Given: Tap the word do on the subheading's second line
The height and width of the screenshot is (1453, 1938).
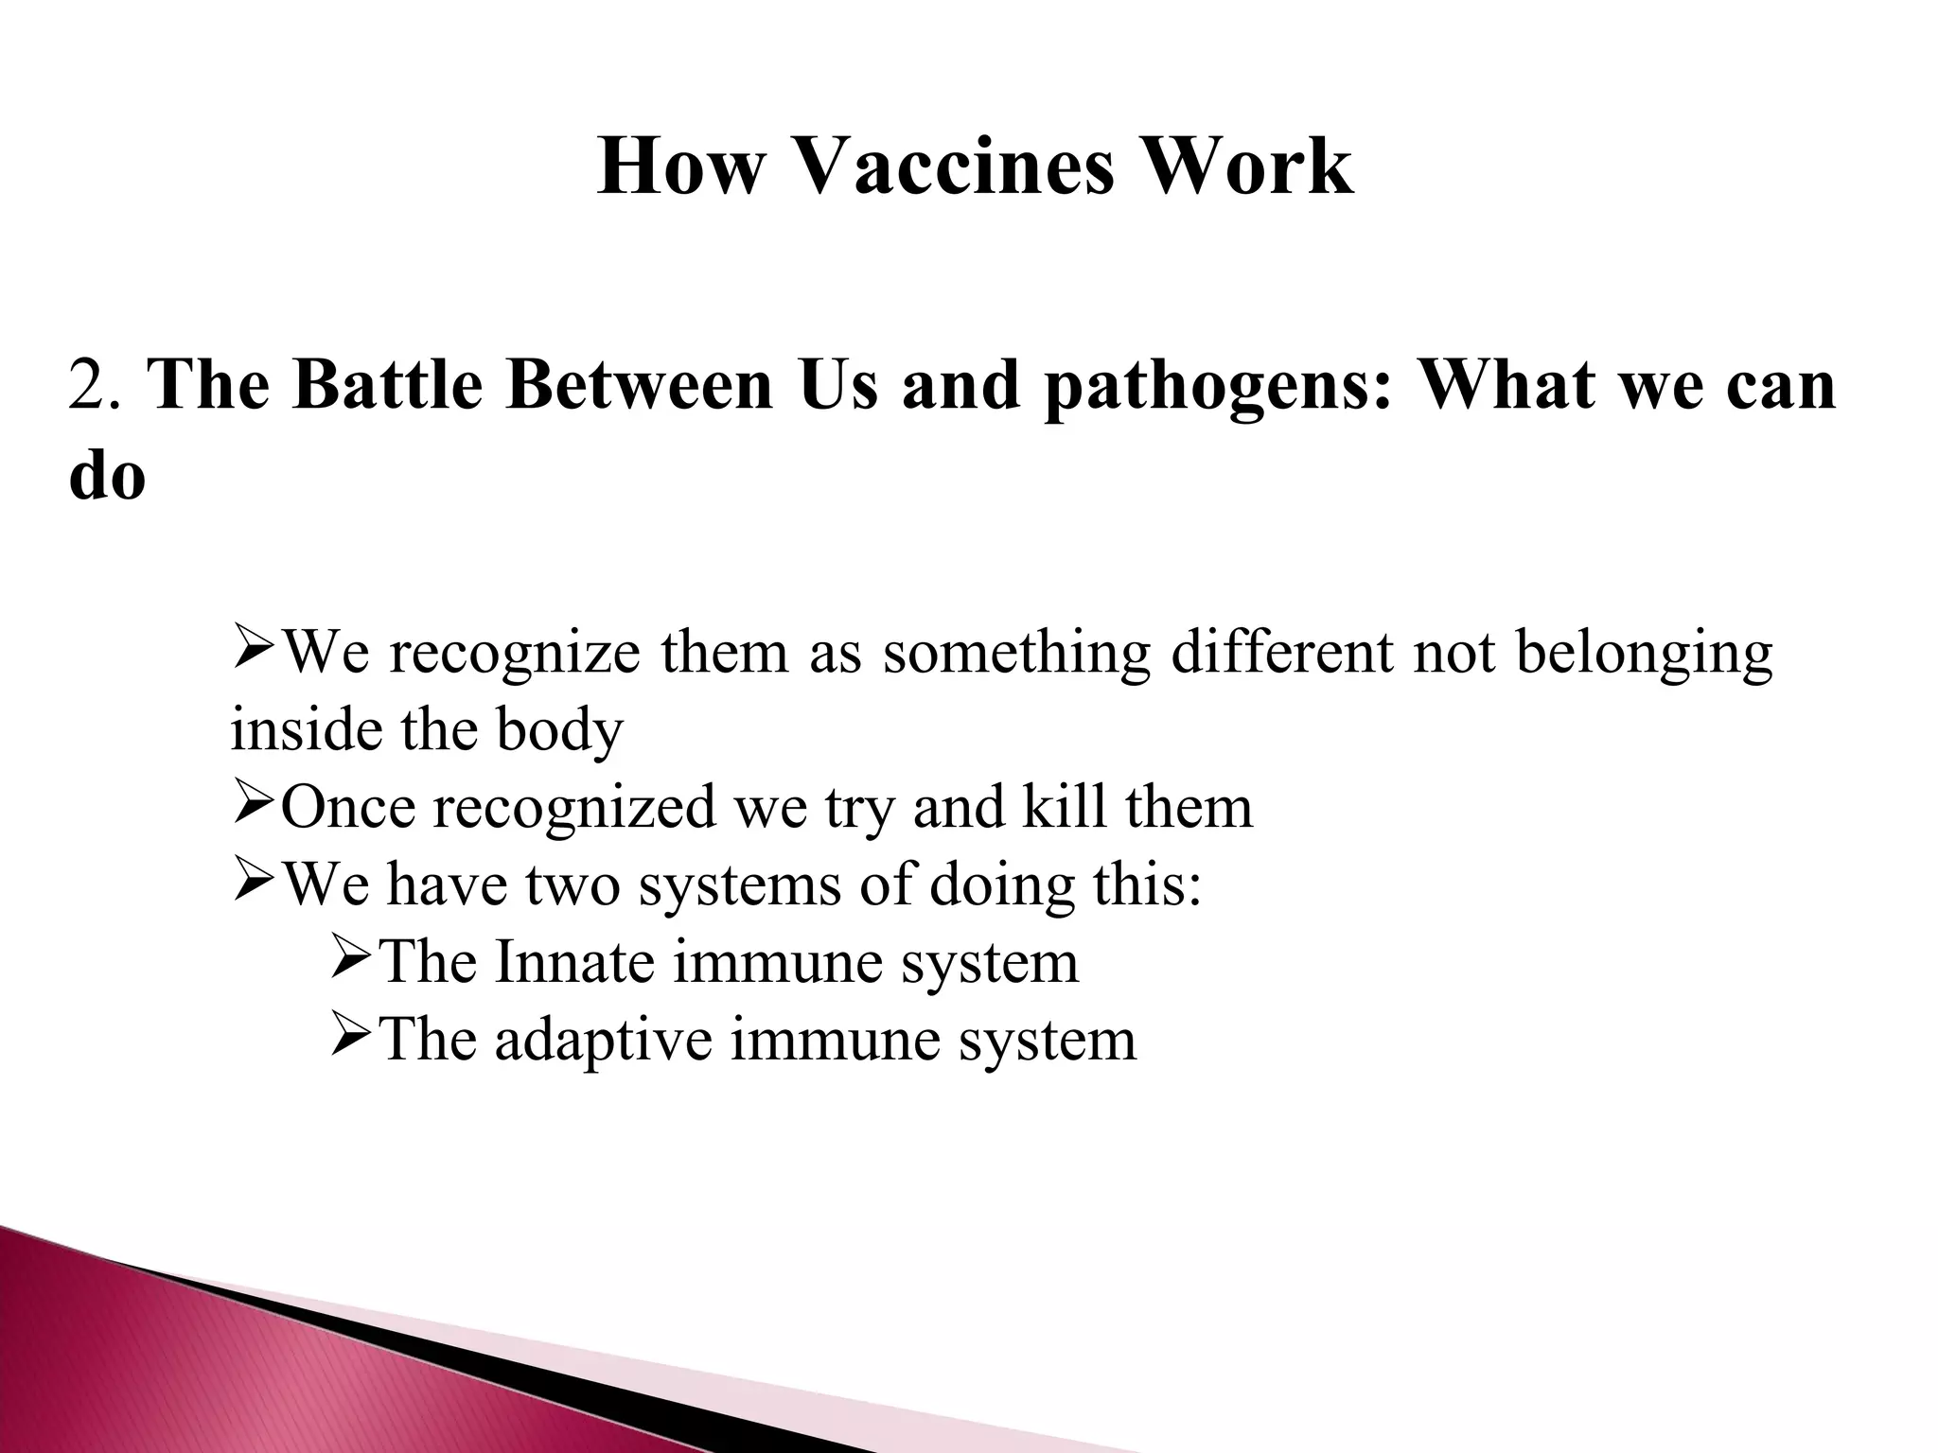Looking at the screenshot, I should pyautogui.click(x=107, y=475).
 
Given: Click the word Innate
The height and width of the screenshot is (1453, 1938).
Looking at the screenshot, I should pyautogui.click(x=574, y=962).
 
